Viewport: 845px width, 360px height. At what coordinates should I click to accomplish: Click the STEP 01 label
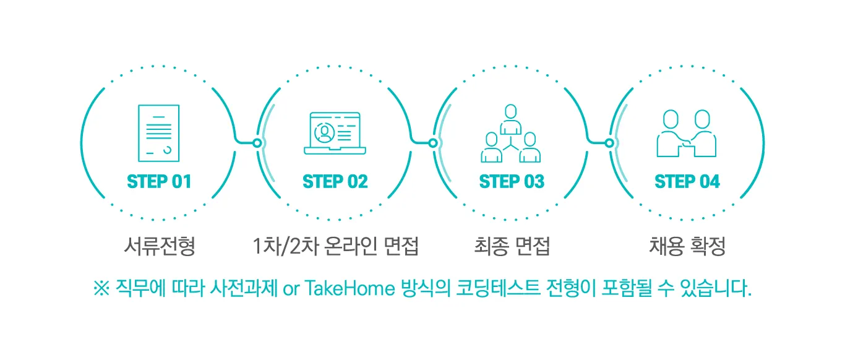159,181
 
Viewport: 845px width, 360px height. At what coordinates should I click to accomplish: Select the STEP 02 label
335,181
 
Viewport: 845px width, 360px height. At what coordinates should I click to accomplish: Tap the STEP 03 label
512,181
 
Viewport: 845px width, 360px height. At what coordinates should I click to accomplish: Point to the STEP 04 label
687,181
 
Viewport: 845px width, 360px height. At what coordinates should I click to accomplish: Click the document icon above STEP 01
159,133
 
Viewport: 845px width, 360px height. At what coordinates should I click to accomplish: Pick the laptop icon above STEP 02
335,133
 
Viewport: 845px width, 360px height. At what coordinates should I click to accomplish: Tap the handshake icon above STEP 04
687,134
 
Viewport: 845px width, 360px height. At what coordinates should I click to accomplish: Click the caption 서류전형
159,247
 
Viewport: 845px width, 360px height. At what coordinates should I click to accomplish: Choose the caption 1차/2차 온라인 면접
336,247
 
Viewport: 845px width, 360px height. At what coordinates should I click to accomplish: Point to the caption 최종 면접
511,247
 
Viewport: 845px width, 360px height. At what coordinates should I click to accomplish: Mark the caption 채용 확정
687,247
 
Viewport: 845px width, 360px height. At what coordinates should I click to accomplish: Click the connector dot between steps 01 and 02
257,143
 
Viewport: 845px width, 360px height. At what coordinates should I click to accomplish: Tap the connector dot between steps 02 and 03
433,143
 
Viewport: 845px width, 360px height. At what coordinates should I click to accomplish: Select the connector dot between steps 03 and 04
609,143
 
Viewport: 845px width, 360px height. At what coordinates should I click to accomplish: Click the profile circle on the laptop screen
323,132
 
